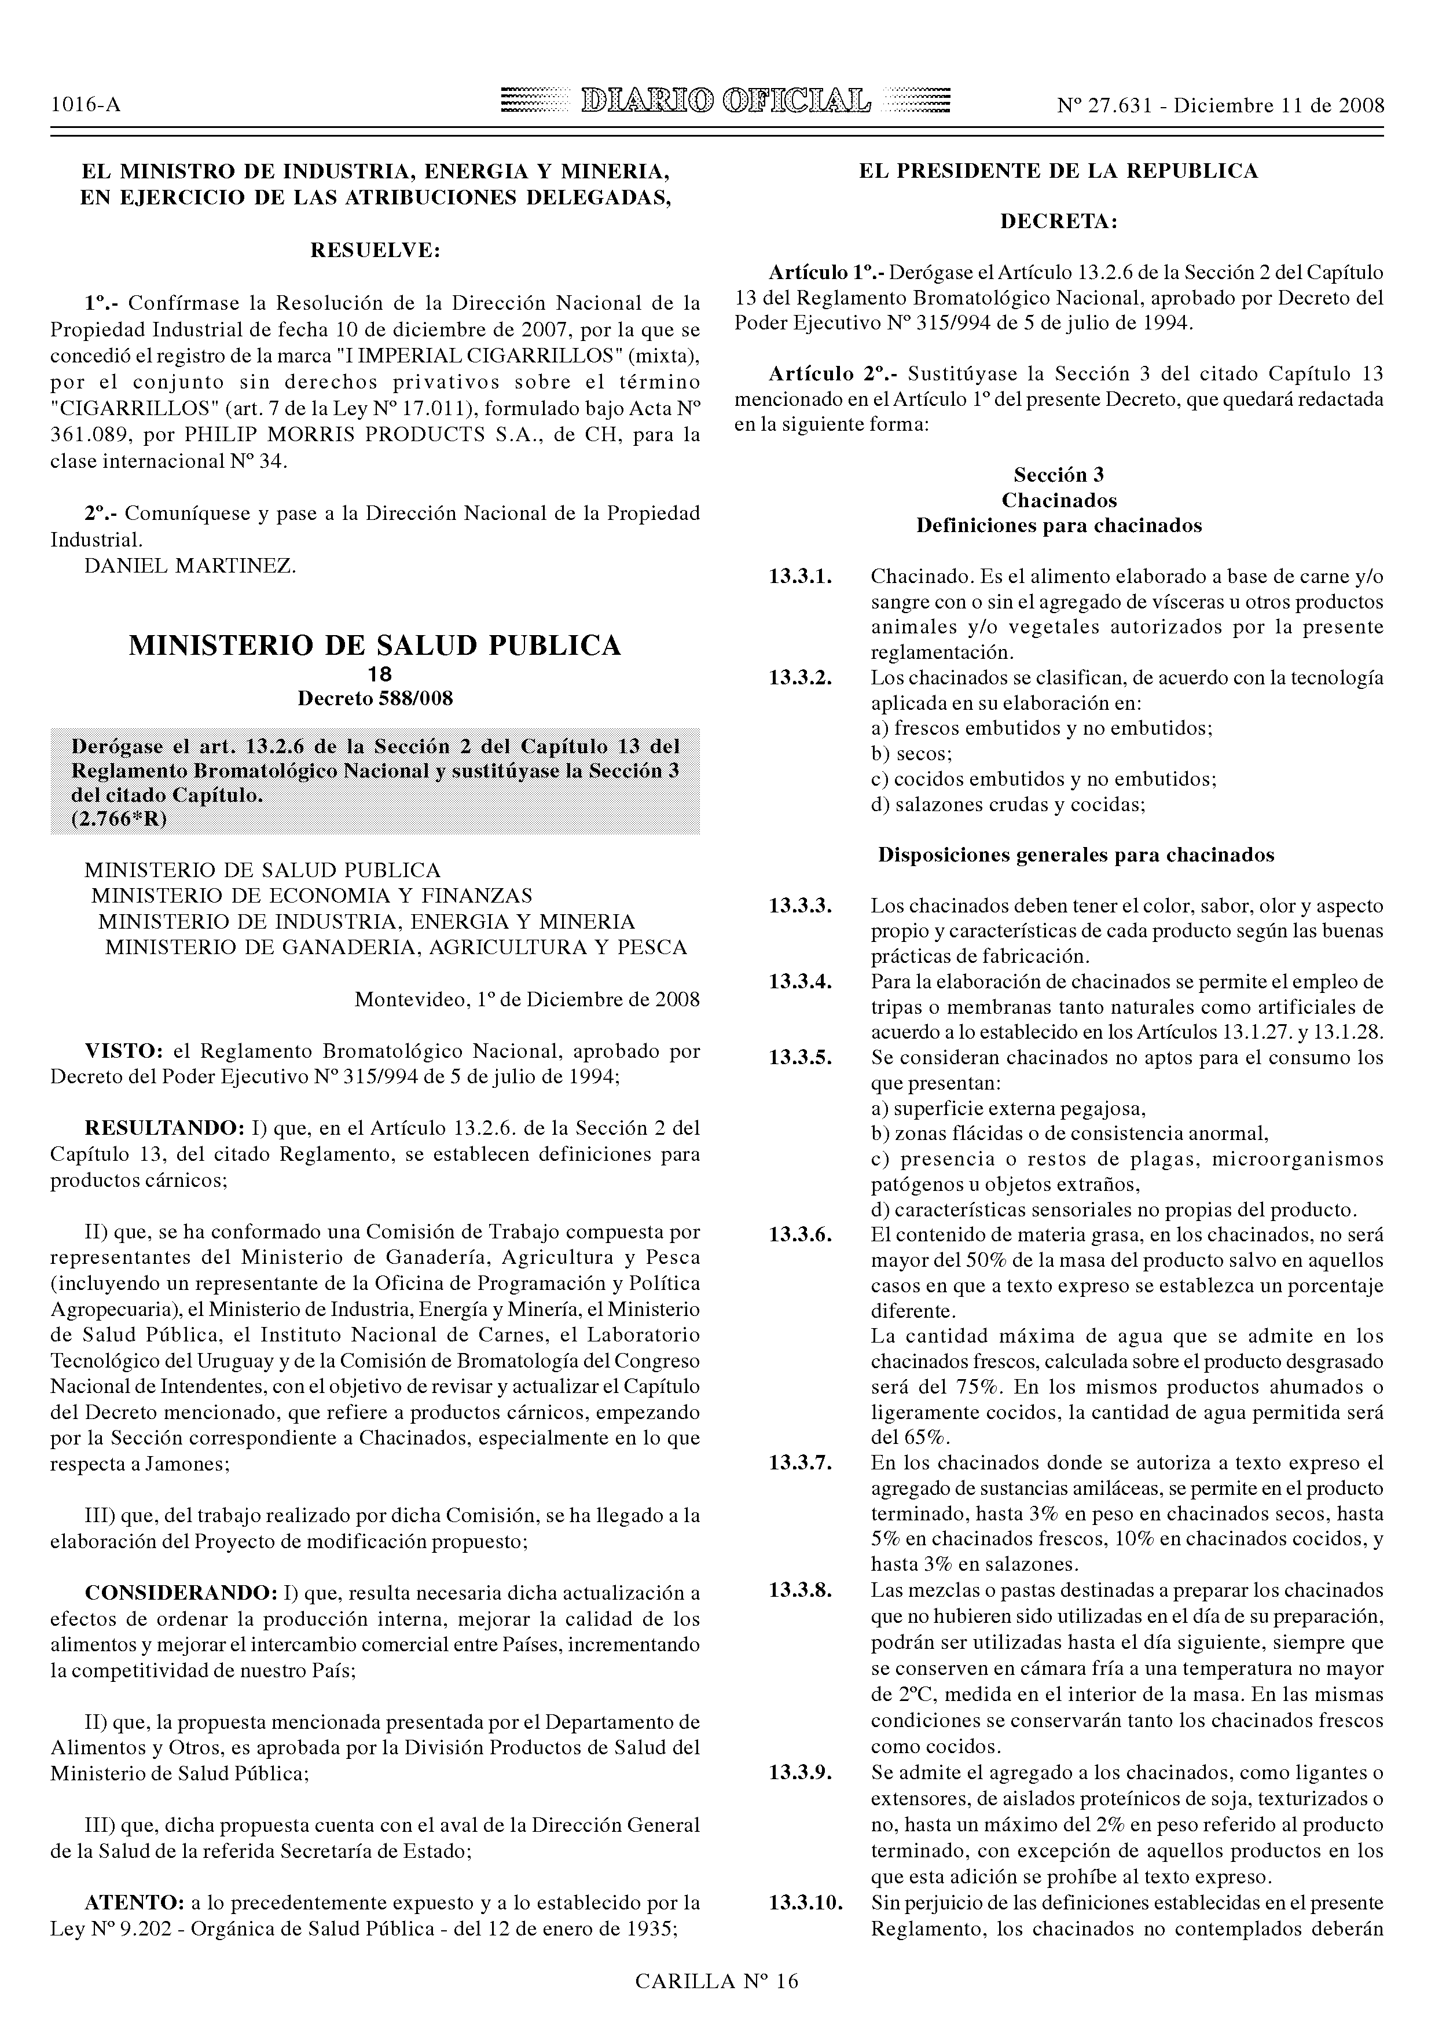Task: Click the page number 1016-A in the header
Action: [86, 106]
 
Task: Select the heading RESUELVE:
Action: [375, 251]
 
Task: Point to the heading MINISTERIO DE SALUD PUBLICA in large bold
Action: [375, 646]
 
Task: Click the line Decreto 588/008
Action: [375, 699]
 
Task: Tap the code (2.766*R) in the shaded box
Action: [119, 820]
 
